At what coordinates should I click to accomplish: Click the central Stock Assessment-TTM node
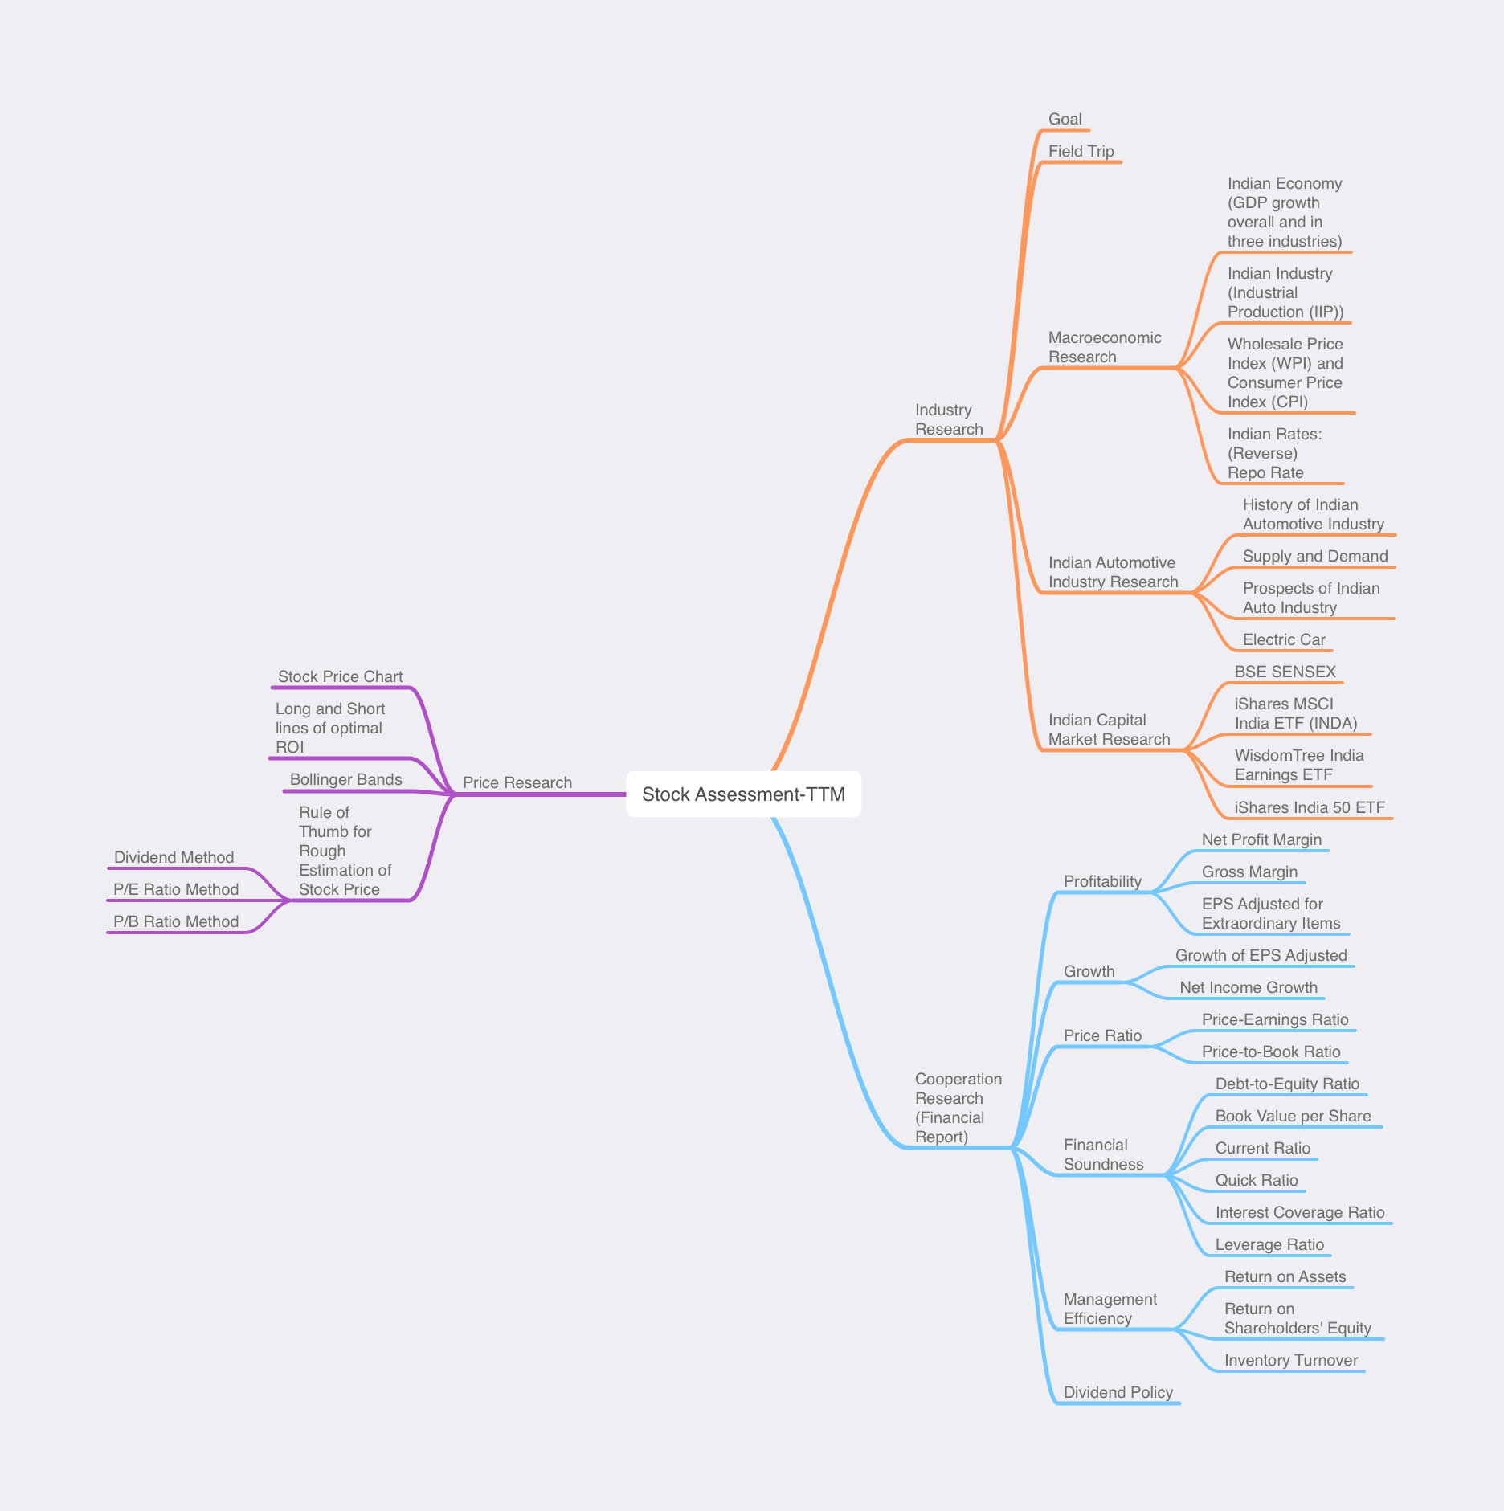[743, 794]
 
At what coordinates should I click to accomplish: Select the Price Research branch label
[517, 782]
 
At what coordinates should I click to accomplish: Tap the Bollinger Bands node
[345, 779]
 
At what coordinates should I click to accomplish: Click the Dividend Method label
[174, 857]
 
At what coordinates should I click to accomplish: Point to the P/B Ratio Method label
[176, 921]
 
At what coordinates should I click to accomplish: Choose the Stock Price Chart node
[340, 676]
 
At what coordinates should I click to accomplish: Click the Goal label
[1065, 119]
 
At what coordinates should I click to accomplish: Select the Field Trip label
[1081, 151]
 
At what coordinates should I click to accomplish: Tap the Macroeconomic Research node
[1104, 347]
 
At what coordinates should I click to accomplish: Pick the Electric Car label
[1283, 639]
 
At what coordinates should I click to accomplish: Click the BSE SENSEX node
[1285, 672]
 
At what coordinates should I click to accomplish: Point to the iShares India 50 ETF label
[1310, 807]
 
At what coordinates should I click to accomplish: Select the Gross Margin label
[1249, 872]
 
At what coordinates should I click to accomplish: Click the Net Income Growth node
[1248, 987]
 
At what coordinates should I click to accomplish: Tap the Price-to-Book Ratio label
[1270, 1052]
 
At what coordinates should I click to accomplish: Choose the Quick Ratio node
[1256, 1180]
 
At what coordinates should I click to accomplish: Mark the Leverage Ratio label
[1269, 1244]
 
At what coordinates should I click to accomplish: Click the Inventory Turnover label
[1290, 1360]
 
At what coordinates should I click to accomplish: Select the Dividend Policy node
[1118, 1392]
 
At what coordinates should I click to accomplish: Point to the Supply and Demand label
[1314, 556]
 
